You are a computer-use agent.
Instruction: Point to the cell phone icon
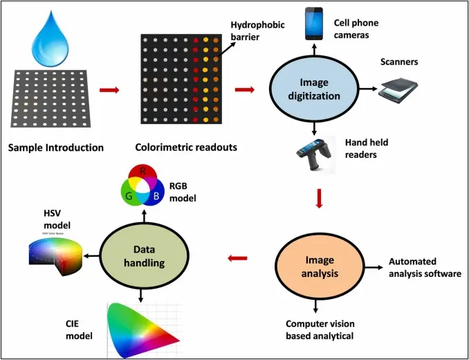coord(315,24)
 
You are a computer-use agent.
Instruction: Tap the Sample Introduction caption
coord(56,147)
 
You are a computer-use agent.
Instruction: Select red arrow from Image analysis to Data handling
coord(239,259)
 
